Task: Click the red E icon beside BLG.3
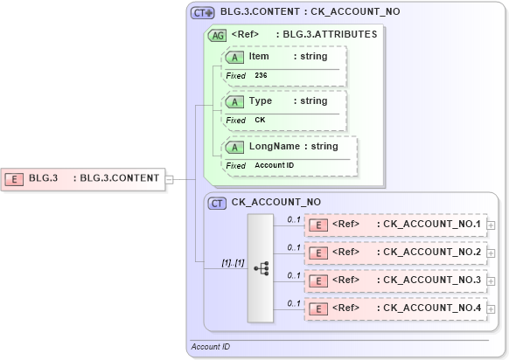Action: (x=15, y=178)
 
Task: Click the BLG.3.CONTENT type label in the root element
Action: (x=120, y=178)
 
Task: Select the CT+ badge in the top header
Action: (x=203, y=13)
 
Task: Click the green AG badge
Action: (x=215, y=35)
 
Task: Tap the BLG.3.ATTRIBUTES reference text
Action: (x=326, y=35)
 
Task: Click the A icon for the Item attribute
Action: (x=234, y=57)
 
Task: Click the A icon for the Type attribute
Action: (x=234, y=101)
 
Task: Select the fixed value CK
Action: (x=260, y=120)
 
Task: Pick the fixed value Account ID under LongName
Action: (x=274, y=165)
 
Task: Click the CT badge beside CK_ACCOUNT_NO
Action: (x=217, y=203)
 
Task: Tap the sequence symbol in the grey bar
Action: (x=261, y=268)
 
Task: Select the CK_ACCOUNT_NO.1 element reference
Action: (x=431, y=225)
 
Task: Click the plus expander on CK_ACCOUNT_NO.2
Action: (x=491, y=253)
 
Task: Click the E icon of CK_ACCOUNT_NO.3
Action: (x=320, y=280)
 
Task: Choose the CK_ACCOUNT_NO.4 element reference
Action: (x=431, y=308)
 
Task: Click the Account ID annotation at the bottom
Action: (x=211, y=348)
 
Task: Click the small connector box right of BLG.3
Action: (x=170, y=179)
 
